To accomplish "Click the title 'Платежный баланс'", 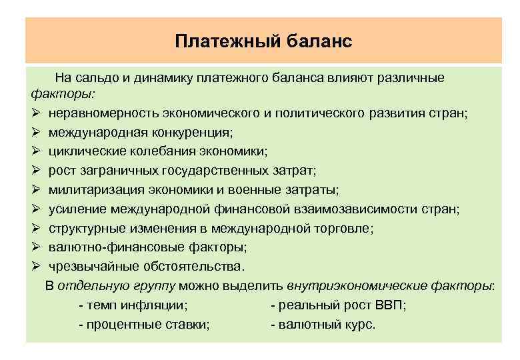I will point(263,41).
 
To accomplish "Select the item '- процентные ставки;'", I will point(143,325).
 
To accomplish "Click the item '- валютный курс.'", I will point(323,325).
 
